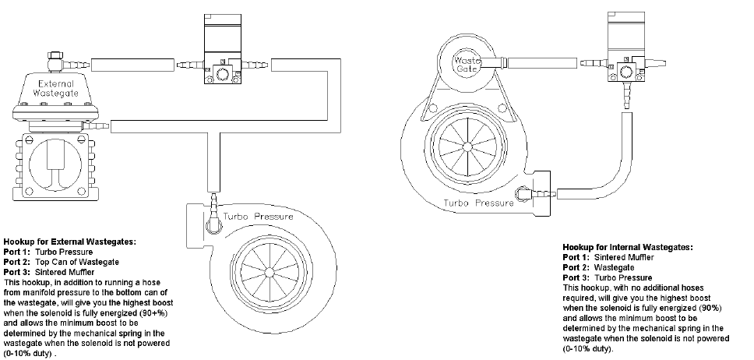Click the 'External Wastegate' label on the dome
click(x=55, y=88)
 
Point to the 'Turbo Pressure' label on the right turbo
click(x=478, y=203)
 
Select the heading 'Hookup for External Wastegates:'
click(x=70, y=242)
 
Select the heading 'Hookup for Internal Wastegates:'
click(x=627, y=247)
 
